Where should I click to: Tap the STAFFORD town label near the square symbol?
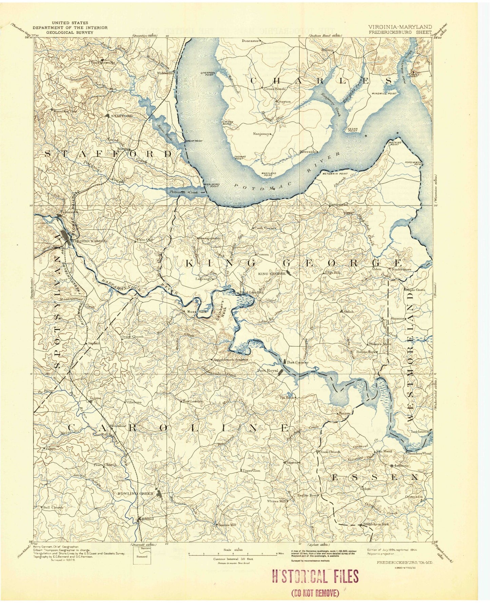click(x=122, y=116)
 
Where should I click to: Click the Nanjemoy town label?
click(x=261, y=134)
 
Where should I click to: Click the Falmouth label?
click(x=69, y=212)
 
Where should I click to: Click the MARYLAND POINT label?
click(x=268, y=174)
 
